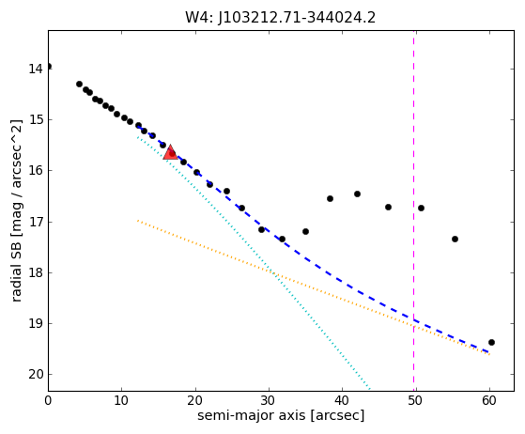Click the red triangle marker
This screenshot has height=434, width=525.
(x=170, y=153)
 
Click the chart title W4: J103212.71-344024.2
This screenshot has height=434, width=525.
(x=280, y=18)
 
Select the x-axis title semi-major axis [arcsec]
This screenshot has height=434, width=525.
(x=281, y=415)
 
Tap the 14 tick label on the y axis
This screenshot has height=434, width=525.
(x=36, y=69)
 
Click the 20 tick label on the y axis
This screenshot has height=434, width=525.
(x=36, y=375)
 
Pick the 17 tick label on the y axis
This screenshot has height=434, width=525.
(x=36, y=222)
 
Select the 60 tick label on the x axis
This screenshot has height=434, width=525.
(x=489, y=400)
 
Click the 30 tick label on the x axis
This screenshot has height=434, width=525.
(x=269, y=400)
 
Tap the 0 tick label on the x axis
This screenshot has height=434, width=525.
(x=48, y=400)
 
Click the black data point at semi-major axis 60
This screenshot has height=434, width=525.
(x=491, y=342)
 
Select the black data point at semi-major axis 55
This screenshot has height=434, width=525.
(x=455, y=239)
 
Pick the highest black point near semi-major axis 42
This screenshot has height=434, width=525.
(x=357, y=194)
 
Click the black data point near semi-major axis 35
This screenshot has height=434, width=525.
(x=305, y=231)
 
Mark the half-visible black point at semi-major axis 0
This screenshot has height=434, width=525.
(x=49, y=67)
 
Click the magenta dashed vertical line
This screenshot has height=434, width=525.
(x=414, y=211)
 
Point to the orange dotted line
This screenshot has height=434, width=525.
(x=314, y=287)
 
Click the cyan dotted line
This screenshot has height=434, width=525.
(x=254, y=263)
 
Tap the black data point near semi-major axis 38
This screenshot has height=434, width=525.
(x=330, y=198)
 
